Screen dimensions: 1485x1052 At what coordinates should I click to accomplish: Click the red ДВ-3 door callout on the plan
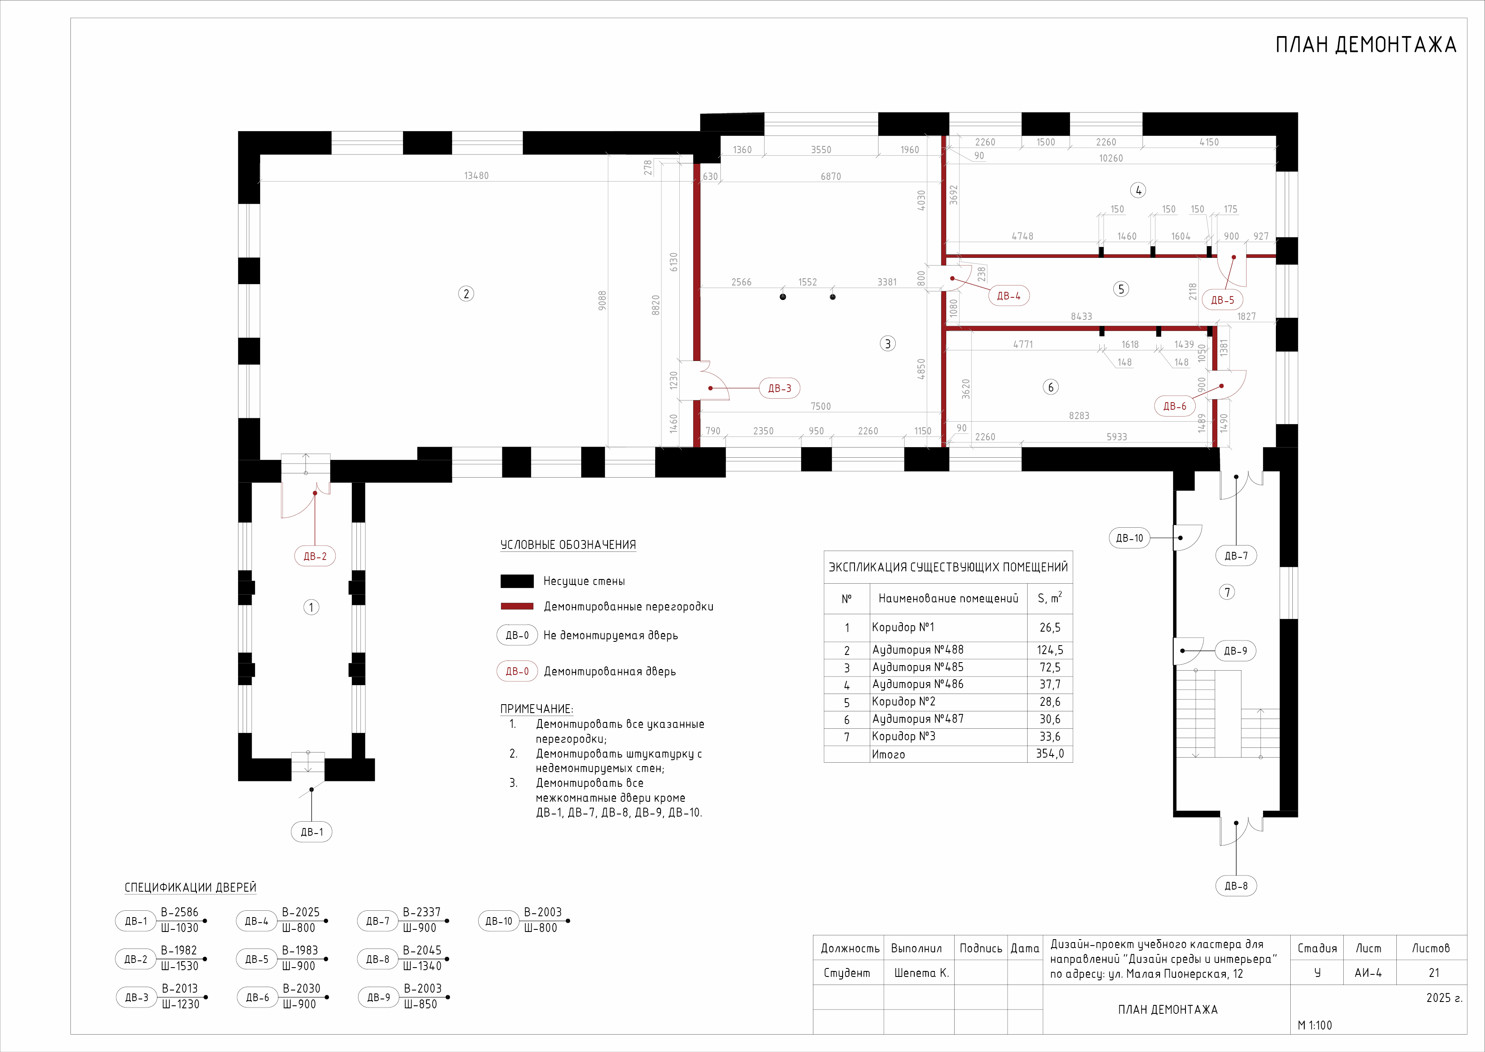click(x=779, y=388)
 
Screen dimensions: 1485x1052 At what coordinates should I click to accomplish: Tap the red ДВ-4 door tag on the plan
click(x=1008, y=295)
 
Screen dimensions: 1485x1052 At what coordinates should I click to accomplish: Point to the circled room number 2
click(x=466, y=294)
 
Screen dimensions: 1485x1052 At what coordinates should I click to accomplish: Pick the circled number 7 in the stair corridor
click(x=1227, y=591)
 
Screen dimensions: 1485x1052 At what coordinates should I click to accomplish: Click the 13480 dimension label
click(x=476, y=176)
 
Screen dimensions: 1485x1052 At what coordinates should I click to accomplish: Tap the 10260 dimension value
click(x=1110, y=158)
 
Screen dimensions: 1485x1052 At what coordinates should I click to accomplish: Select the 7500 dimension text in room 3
click(x=820, y=406)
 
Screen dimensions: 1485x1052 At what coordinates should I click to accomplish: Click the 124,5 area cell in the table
click(x=1050, y=650)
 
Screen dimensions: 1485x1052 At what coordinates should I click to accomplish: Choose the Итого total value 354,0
click(x=1050, y=753)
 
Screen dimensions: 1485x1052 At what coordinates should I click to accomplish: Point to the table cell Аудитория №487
click(x=917, y=719)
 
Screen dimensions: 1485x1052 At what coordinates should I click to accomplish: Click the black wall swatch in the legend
click(x=517, y=581)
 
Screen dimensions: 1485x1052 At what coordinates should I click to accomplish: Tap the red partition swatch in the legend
click(x=517, y=606)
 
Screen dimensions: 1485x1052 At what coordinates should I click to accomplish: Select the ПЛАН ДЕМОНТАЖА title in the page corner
click(x=1366, y=45)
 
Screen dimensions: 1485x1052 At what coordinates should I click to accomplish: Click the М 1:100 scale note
click(x=1314, y=1025)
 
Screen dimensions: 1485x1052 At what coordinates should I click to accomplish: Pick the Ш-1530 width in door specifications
click(x=179, y=966)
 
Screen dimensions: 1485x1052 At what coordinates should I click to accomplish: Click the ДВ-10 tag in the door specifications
click(x=499, y=920)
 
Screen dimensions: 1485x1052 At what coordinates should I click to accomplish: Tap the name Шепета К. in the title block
click(x=921, y=972)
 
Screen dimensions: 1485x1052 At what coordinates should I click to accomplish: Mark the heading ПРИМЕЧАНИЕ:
click(x=536, y=709)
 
